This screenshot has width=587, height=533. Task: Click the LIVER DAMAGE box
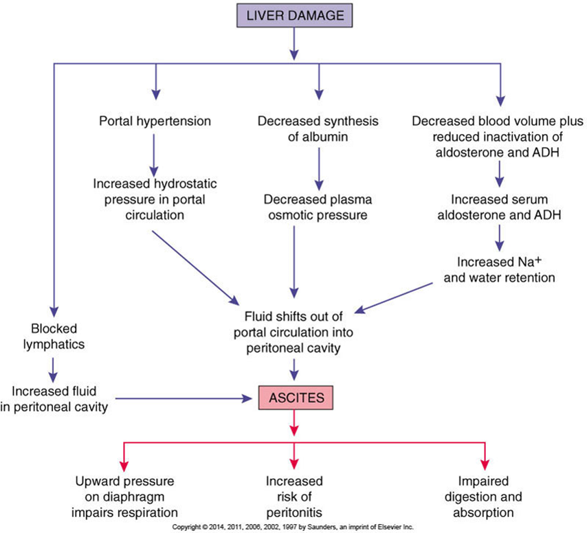point(294,15)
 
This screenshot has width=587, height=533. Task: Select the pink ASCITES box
point(296,398)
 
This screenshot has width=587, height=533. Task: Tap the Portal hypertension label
point(155,121)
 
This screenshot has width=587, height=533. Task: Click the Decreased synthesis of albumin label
point(318,129)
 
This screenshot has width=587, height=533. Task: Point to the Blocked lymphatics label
point(54,337)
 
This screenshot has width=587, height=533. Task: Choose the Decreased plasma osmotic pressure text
point(318,207)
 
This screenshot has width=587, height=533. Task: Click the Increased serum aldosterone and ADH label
point(500,207)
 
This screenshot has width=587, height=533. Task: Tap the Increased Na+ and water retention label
point(500,269)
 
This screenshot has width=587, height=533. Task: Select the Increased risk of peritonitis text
point(294,497)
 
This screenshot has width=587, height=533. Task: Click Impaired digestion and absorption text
point(483,497)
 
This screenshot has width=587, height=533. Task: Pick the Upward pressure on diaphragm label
point(124,489)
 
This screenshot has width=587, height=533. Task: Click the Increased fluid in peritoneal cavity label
point(54,399)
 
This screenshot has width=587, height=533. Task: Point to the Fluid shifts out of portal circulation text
point(293,324)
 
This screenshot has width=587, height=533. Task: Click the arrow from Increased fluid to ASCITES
point(184,399)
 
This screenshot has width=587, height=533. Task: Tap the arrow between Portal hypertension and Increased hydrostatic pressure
point(154,155)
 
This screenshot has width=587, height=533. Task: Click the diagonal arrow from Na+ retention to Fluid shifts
point(393,298)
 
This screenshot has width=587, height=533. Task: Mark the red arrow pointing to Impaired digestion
point(485,456)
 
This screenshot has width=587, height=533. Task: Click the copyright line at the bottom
point(293,527)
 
